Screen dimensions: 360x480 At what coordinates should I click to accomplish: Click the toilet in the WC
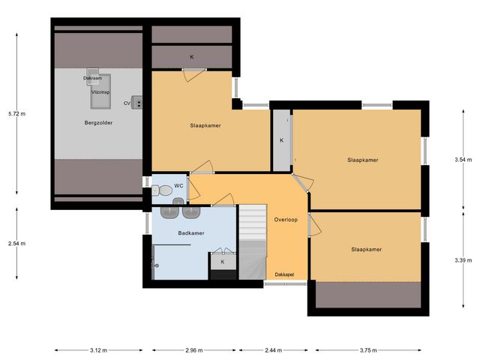pos(157,190)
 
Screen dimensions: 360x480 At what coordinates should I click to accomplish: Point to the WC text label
pos(178,185)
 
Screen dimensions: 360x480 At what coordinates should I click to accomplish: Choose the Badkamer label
pos(191,233)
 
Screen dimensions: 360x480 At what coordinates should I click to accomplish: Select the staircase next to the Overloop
pos(253,240)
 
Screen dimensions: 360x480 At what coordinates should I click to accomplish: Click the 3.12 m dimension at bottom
pos(98,350)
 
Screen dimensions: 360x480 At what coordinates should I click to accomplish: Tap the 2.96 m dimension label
pos(193,350)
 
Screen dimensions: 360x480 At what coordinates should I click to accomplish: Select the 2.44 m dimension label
pos(274,350)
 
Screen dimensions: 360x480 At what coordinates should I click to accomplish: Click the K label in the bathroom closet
pos(222,262)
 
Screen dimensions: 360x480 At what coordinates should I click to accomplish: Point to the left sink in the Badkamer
pos(166,211)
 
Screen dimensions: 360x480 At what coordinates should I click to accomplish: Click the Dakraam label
pos(92,77)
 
